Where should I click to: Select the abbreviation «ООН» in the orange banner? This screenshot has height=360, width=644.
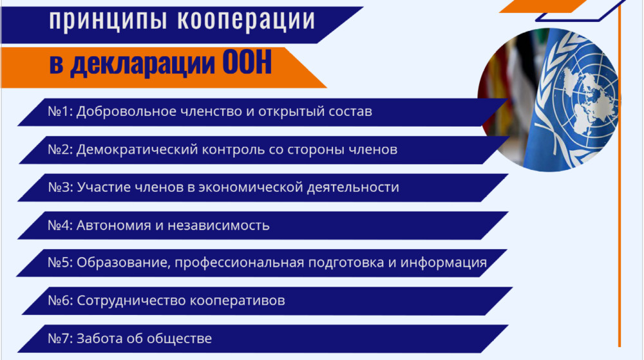point(247,62)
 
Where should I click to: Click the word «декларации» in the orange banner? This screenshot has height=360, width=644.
point(142,64)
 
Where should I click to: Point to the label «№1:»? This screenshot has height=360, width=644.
point(60,111)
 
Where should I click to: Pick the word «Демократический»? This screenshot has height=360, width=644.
point(135,149)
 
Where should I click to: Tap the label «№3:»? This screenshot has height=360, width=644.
point(61,187)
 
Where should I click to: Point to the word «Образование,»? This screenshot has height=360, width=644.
point(123,263)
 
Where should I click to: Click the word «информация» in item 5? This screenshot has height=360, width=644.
point(444,263)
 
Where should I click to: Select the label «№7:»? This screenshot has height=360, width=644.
point(60,339)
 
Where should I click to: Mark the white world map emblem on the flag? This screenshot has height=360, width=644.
point(587,102)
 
